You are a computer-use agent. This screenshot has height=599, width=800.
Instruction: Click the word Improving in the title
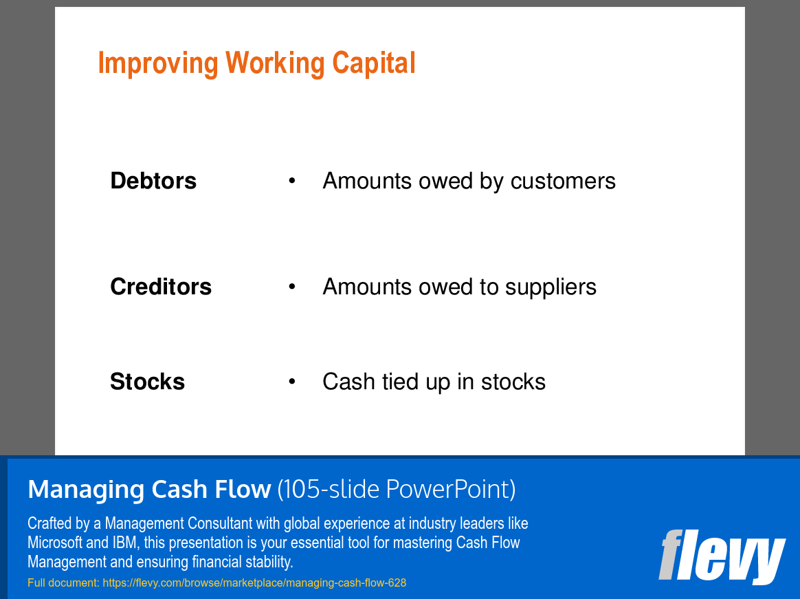(158, 64)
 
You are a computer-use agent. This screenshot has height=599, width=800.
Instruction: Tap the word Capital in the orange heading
(374, 63)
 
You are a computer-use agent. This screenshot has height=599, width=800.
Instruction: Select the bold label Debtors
(153, 181)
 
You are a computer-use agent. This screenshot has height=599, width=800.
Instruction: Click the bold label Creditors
(161, 287)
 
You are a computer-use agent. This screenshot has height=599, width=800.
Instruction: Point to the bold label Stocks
(148, 382)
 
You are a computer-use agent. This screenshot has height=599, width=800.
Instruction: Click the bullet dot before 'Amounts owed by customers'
(292, 180)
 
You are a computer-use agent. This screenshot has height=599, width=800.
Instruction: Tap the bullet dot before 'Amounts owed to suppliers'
(292, 286)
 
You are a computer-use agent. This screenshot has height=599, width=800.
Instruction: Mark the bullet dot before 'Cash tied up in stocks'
(292, 381)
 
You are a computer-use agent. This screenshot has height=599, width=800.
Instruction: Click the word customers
(563, 182)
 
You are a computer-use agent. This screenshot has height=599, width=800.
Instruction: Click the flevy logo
(722, 556)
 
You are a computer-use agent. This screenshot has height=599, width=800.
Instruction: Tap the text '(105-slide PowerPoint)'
(397, 489)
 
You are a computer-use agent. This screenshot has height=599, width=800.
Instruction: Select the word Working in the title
(275, 64)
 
